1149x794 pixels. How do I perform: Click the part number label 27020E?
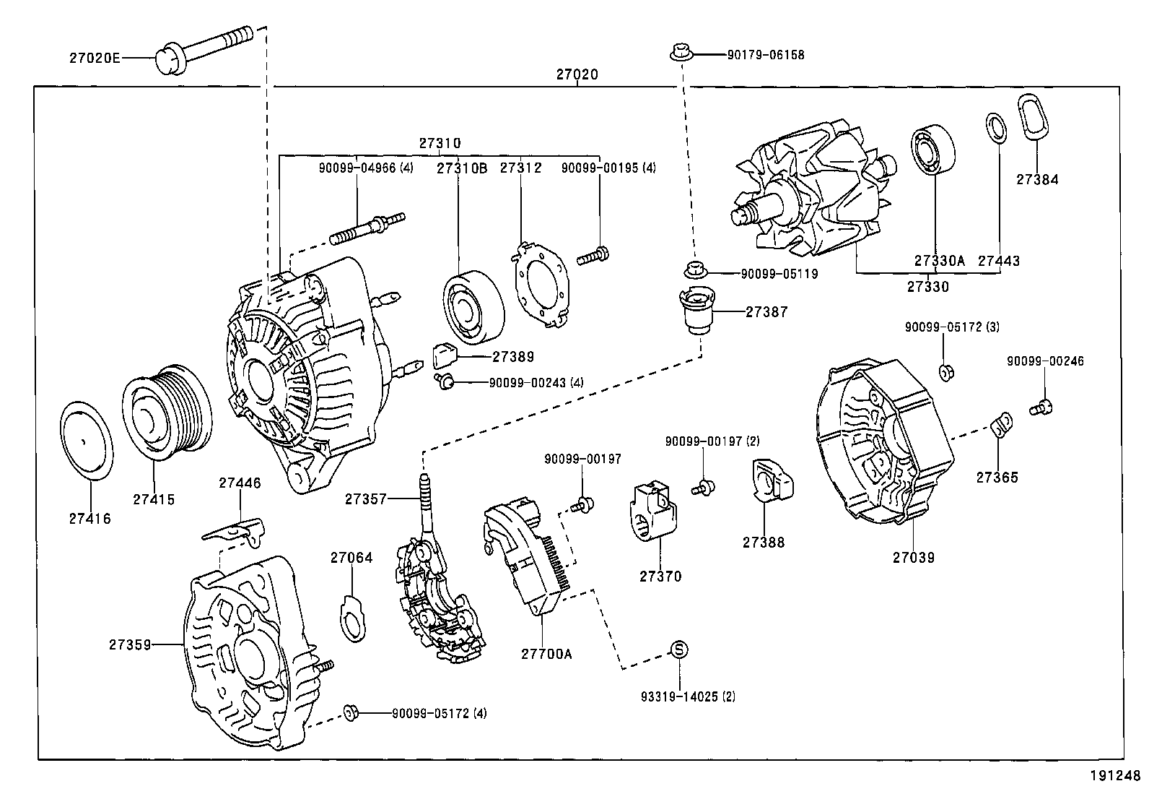(x=95, y=59)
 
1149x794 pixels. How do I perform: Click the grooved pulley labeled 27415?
(x=167, y=410)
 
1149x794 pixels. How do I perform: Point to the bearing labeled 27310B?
(x=472, y=307)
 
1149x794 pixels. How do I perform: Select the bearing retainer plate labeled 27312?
(x=541, y=284)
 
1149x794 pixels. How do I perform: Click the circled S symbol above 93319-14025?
(x=679, y=650)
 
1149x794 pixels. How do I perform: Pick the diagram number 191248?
(x=1115, y=777)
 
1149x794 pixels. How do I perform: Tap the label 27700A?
(x=546, y=654)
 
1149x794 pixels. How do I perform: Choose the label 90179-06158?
(x=765, y=54)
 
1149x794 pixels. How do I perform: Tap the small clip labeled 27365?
(x=1000, y=426)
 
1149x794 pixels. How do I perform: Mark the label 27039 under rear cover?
(x=914, y=557)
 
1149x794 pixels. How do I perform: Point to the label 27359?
(x=131, y=644)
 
